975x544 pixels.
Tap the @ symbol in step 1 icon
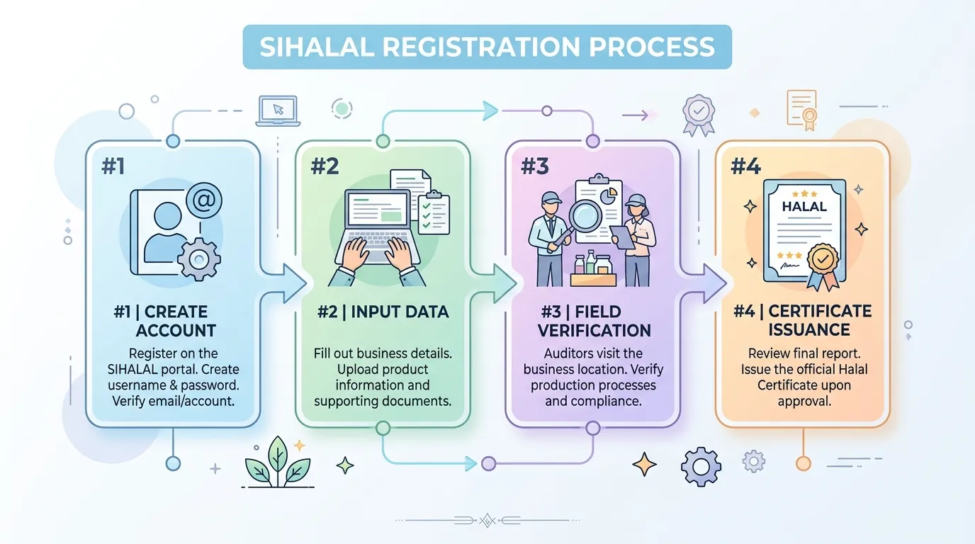pyautogui.click(x=203, y=200)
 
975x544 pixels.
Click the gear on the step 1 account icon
pyautogui.click(x=199, y=259)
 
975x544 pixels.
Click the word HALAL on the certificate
pyautogui.click(x=804, y=206)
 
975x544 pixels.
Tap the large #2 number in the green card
pyautogui.click(x=325, y=166)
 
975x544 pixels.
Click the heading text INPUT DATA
pyautogui.click(x=400, y=312)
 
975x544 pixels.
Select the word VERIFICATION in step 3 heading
pyautogui.click(x=594, y=330)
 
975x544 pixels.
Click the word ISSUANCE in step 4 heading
pyautogui.click(x=808, y=330)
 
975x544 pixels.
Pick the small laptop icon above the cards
pyautogui.click(x=278, y=111)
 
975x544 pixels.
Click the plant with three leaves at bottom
pyautogui.click(x=278, y=463)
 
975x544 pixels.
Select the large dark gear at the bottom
pyautogui.click(x=701, y=467)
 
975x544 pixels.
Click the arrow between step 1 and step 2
pyautogui.click(x=284, y=283)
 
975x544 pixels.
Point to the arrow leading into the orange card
pyautogui.click(x=704, y=283)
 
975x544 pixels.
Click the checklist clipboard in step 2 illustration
pyautogui.click(x=434, y=213)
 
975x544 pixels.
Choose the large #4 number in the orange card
pyautogui.click(x=745, y=166)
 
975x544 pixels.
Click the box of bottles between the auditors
pyautogui.click(x=593, y=269)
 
